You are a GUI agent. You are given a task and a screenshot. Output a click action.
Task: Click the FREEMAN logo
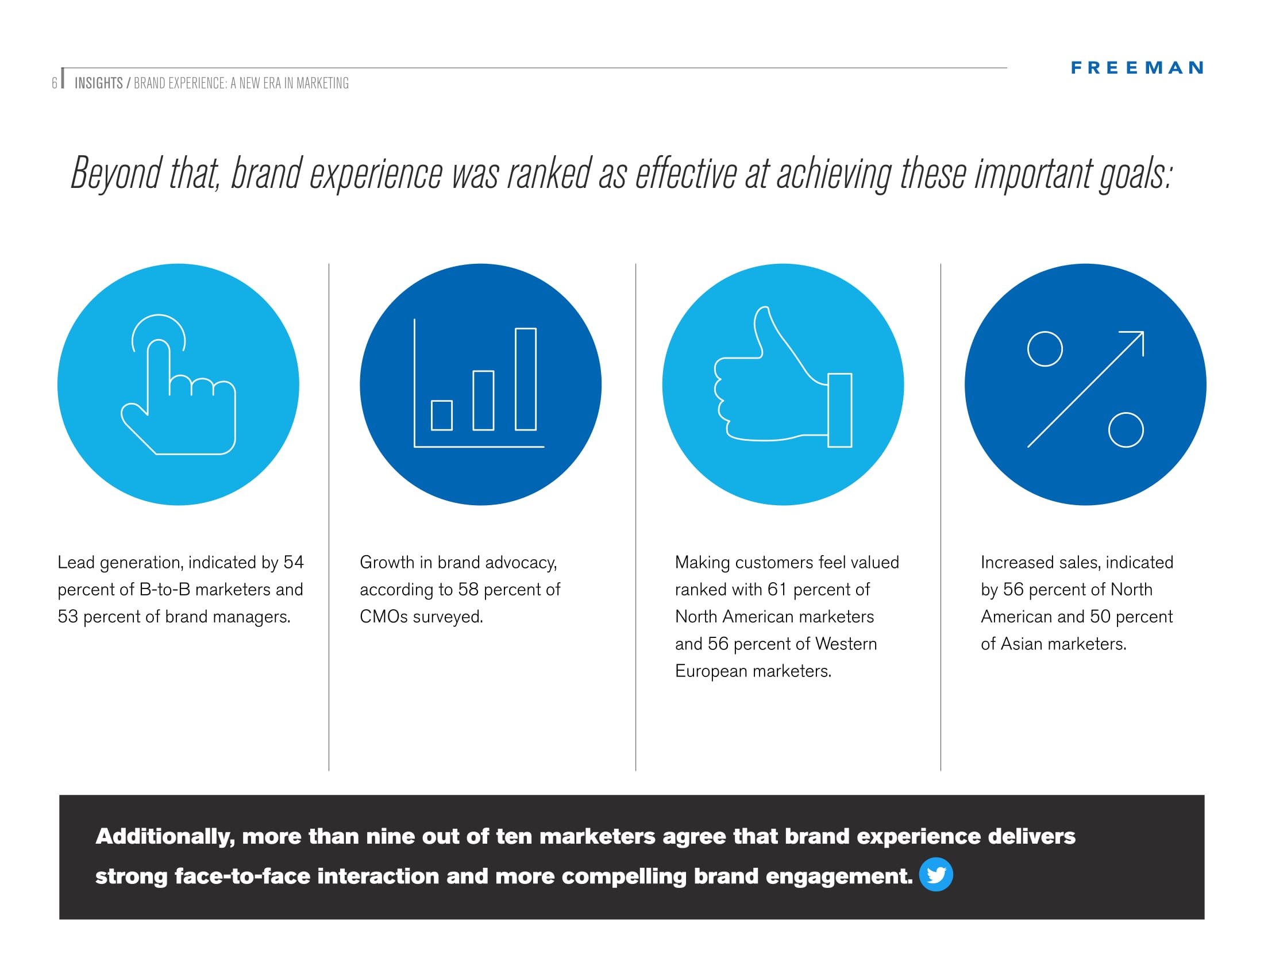[1136, 68]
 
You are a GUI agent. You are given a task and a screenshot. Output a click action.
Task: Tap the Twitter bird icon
[935, 874]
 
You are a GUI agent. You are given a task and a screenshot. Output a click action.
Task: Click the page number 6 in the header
[55, 83]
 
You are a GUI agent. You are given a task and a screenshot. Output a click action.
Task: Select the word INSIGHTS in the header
[98, 83]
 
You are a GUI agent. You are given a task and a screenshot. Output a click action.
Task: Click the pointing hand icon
[178, 384]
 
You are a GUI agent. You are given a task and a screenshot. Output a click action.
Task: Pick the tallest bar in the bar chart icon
[526, 379]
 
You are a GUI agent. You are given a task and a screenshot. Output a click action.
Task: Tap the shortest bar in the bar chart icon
[442, 415]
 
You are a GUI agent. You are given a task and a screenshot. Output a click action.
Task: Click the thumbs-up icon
[783, 377]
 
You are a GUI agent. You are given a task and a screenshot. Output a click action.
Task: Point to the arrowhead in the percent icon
[1135, 340]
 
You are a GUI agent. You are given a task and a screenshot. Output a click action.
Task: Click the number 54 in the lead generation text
[294, 562]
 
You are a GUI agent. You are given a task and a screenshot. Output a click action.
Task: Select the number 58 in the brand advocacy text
[468, 589]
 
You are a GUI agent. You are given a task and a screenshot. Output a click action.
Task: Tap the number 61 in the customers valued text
[777, 589]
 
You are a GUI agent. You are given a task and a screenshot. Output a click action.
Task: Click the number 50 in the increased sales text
[1100, 617]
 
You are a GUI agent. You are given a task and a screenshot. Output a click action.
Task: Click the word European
[711, 671]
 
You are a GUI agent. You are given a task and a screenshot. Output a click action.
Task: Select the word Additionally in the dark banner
[165, 837]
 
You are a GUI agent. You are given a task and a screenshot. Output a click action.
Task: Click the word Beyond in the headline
[115, 172]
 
